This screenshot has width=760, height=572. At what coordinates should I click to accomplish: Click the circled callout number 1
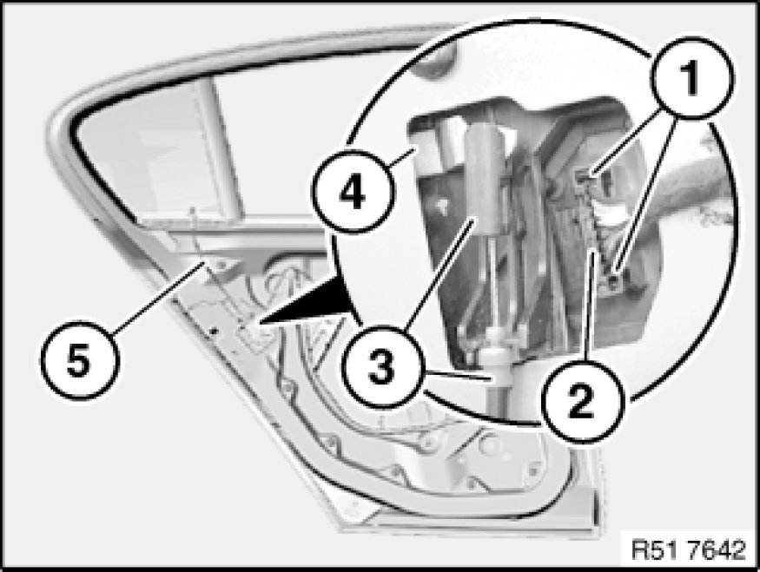pos(691,77)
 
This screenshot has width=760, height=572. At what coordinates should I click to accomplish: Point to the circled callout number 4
pos(354,190)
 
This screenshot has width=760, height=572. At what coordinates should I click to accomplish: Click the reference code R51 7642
pos(688,550)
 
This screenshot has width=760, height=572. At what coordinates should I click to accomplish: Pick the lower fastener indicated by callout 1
pos(615,278)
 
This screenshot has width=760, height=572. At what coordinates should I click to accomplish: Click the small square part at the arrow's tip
pos(252,334)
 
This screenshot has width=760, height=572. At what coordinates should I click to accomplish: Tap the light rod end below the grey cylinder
pos(498,358)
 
